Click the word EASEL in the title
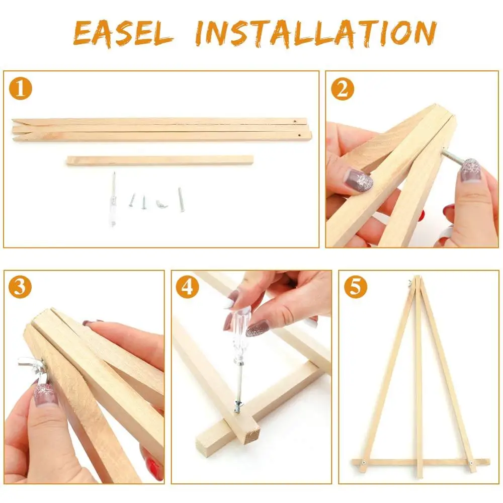124,33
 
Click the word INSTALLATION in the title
316,33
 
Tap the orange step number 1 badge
21,89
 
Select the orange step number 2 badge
342,89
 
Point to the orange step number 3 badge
20,287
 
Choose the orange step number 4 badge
187,287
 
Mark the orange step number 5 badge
356,287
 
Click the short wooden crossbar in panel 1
160,160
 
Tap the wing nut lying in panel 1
161,204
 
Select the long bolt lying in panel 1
181,199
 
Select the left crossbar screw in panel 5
364,463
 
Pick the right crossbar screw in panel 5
472,463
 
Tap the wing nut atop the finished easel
411,283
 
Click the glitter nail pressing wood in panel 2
358,180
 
